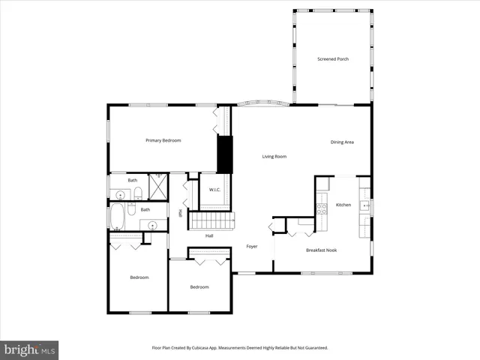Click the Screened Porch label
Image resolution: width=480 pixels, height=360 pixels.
pyautogui.click(x=333, y=59)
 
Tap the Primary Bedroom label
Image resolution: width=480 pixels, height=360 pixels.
pyautogui.click(x=163, y=140)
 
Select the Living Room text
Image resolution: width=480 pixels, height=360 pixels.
pyautogui.click(x=274, y=157)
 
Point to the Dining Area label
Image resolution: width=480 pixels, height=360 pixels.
pyautogui.click(x=342, y=142)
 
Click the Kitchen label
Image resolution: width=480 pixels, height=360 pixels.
pyautogui.click(x=343, y=205)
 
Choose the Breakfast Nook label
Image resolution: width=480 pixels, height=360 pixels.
pyautogui.click(x=321, y=250)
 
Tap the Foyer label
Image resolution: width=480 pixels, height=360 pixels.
pyautogui.click(x=252, y=247)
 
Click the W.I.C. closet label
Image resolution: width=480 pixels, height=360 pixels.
pyautogui.click(x=214, y=190)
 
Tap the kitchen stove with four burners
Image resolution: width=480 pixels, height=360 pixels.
pyautogui.click(x=322, y=208)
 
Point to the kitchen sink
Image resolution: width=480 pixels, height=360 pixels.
pyautogui.click(x=364, y=205)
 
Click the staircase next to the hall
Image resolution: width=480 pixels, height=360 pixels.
pyautogui.click(x=211, y=221)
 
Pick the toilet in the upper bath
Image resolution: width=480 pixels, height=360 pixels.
pyautogui.click(x=139, y=194)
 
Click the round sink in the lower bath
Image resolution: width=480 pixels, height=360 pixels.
pyautogui.click(x=152, y=224)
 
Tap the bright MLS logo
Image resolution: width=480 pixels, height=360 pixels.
pyautogui.click(x=29, y=350)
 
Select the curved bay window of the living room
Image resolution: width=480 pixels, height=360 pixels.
pyautogui.click(x=262, y=103)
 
